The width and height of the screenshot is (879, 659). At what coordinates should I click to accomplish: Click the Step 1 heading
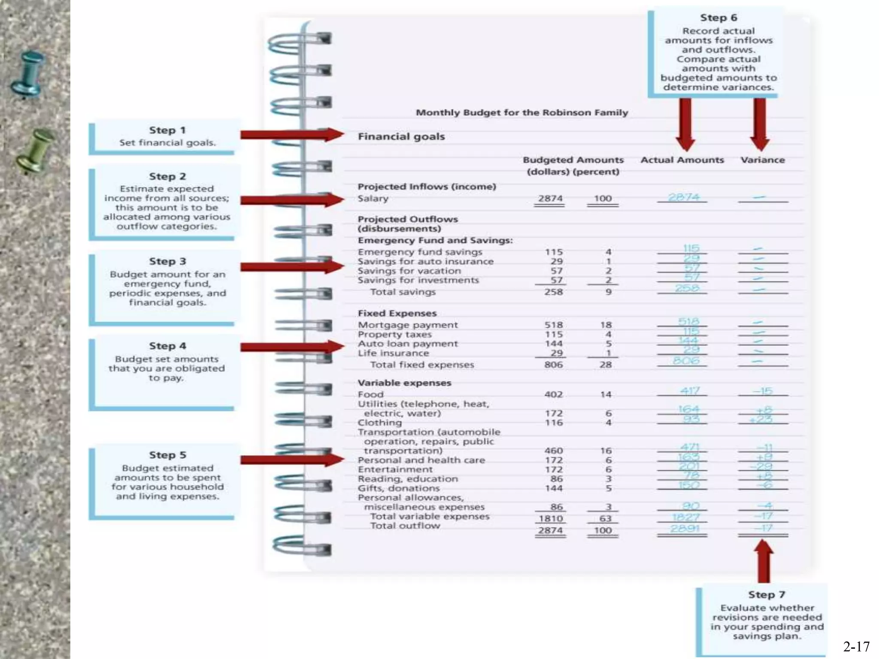click(x=167, y=130)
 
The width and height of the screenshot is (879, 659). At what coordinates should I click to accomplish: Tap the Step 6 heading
click(x=718, y=18)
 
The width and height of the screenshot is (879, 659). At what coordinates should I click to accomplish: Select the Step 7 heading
click(x=767, y=595)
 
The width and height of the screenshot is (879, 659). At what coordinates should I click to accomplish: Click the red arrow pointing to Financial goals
click(x=292, y=135)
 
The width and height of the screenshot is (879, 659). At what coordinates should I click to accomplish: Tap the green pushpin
click(x=36, y=150)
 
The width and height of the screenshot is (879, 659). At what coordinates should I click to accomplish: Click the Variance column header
click(x=763, y=160)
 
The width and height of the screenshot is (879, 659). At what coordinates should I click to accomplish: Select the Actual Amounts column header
click(x=682, y=160)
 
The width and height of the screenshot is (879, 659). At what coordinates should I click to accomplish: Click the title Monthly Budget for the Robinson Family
click(x=521, y=112)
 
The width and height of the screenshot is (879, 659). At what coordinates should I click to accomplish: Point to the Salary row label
click(x=373, y=199)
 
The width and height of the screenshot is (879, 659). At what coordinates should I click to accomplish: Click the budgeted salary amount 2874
click(x=550, y=199)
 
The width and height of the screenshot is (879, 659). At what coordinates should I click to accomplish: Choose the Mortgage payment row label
click(x=408, y=325)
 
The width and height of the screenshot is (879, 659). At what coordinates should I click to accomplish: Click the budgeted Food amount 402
click(x=553, y=394)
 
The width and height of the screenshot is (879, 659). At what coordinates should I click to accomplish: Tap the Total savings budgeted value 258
click(x=553, y=292)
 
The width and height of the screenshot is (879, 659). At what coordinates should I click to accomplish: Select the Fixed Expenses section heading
click(x=397, y=313)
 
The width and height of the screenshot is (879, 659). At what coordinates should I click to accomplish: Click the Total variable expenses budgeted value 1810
click(x=551, y=518)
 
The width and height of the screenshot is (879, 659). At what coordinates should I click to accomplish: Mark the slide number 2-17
click(x=856, y=646)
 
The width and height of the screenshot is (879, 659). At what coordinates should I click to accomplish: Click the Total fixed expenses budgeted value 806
click(x=553, y=365)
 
